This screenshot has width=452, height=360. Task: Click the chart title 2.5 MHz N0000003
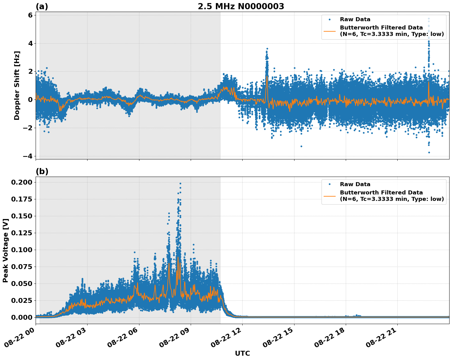point(241,6)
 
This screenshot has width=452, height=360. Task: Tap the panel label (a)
point(42,6)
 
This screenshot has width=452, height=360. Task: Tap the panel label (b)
point(42,171)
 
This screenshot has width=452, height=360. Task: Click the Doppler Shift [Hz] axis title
point(17,85)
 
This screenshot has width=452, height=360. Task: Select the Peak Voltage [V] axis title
point(5,250)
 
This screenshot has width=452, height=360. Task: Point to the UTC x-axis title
point(242,353)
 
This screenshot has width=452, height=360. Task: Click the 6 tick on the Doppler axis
point(30,15)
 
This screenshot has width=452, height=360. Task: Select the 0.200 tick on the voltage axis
point(21,182)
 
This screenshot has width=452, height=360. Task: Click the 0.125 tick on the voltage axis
point(21,233)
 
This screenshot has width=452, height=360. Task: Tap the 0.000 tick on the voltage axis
point(21,317)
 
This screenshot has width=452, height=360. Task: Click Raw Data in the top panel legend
point(355,19)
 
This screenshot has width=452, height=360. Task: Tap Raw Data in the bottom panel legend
point(355,184)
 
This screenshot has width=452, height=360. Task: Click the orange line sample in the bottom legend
point(329,196)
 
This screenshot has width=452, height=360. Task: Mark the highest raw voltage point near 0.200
point(180,183)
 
